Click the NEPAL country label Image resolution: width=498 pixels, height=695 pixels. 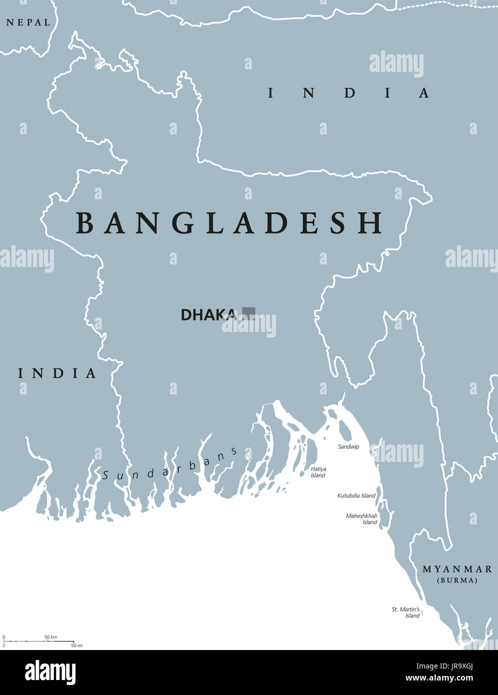pyautogui.click(x=28, y=22)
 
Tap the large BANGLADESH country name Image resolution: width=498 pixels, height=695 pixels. pyautogui.click(x=229, y=223)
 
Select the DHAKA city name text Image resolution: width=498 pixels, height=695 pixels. pyautogui.click(x=208, y=315)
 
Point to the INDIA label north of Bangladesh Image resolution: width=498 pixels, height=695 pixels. pyautogui.click(x=348, y=93)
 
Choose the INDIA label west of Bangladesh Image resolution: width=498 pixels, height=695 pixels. pyautogui.click(x=57, y=373)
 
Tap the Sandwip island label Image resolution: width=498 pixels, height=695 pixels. pyautogui.click(x=348, y=446)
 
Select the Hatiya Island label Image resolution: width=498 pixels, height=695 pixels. pyautogui.click(x=318, y=472)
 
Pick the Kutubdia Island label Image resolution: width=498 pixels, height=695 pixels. pyautogui.click(x=356, y=495)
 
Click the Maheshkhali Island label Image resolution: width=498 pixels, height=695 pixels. pyautogui.click(x=361, y=518)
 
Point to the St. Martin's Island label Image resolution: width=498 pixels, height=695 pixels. pyautogui.click(x=406, y=612)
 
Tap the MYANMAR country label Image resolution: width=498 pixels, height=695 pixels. pyautogui.click(x=457, y=569)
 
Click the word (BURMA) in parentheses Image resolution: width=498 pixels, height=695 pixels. pyautogui.click(x=457, y=580)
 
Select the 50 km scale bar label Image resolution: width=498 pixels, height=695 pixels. pyautogui.click(x=50, y=636)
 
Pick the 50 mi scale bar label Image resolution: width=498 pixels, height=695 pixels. pyautogui.click(x=76, y=645)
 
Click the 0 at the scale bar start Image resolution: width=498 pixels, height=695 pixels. pyautogui.click(x=4, y=636)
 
